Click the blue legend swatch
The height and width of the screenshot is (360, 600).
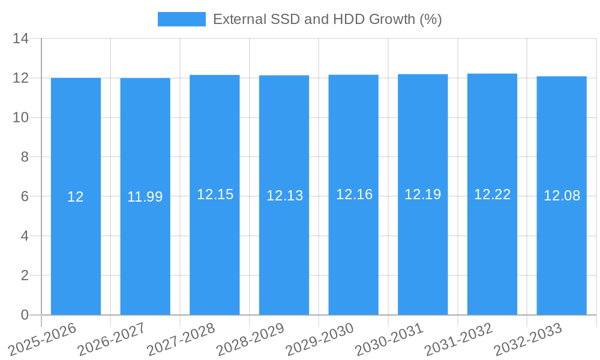[x=181, y=19]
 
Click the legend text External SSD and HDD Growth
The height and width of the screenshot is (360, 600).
[x=327, y=19]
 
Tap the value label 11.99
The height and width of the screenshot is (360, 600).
[x=145, y=197]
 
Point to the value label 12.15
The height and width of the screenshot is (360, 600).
[x=215, y=194]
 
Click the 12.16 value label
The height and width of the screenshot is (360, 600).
[x=354, y=194]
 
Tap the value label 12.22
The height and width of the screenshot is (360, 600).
[x=492, y=194]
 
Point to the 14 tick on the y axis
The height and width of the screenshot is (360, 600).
[x=21, y=39]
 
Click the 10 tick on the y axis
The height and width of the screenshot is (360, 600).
[x=21, y=118]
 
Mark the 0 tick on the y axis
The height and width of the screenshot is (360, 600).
[x=25, y=315]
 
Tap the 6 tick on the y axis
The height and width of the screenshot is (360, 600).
[x=25, y=197]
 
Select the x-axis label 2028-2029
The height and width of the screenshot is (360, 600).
[x=251, y=340]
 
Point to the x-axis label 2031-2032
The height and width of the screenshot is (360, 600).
[x=459, y=340]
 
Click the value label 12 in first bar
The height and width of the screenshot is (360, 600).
[x=76, y=197]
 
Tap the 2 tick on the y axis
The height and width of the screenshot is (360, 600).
[x=25, y=275]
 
